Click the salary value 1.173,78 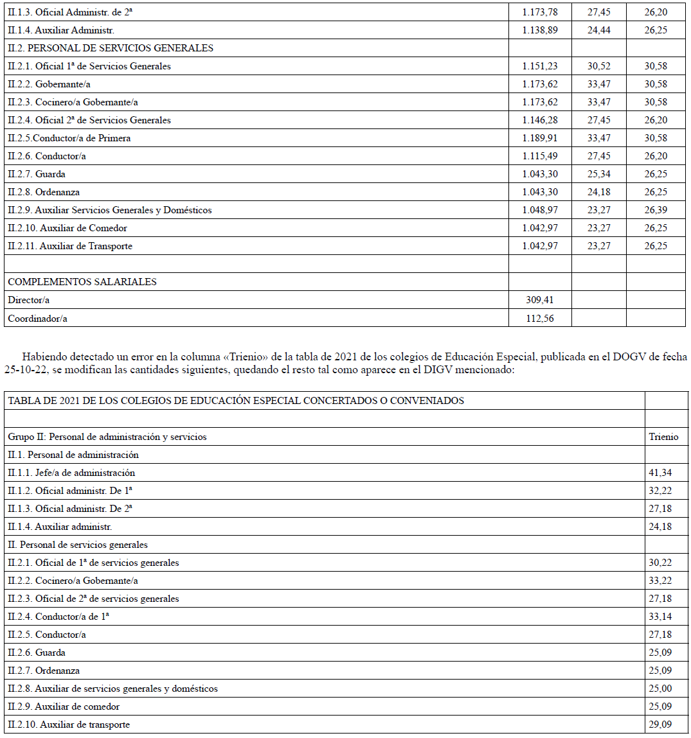(540, 12)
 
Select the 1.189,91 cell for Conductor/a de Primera (540, 138)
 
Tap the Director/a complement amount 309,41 (540, 300)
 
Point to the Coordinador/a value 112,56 (540, 318)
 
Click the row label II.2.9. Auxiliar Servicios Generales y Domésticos (110, 210)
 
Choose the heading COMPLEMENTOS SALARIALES (82, 282)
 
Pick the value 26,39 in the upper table (656, 210)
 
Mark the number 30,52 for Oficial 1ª (599, 66)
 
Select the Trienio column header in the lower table (663, 437)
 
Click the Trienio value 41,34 (660, 473)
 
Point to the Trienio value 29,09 (660, 725)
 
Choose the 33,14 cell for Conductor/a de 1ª (660, 617)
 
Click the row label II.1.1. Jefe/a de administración (71, 473)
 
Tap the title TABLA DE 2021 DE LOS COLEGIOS (236, 401)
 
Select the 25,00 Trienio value (660, 689)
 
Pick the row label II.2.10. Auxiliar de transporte (69, 725)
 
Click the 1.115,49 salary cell (540, 156)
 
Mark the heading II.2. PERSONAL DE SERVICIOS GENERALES (111, 48)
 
